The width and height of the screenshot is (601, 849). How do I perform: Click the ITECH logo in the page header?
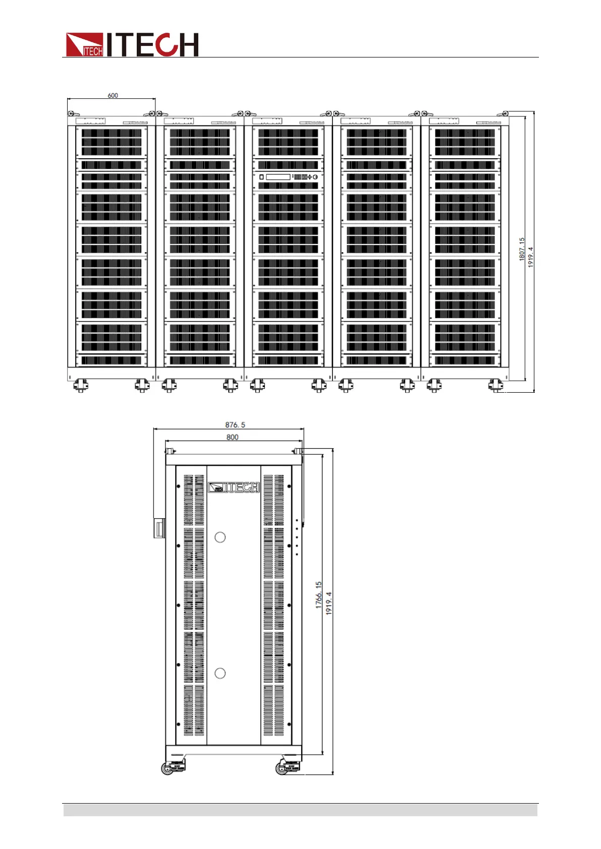pyautogui.click(x=132, y=45)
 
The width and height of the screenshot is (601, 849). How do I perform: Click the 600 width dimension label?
pyautogui.click(x=113, y=95)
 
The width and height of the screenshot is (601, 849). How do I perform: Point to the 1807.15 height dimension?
pyautogui.click(x=522, y=249)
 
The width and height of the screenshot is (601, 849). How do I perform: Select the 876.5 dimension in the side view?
pyautogui.click(x=235, y=425)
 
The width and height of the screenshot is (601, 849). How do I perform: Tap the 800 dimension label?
pyautogui.click(x=232, y=437)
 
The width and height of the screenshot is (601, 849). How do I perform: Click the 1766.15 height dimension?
pyautogui.click(x=318, y=595)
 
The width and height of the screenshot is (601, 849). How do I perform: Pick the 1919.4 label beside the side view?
pyautogui.click(x=329, y=603)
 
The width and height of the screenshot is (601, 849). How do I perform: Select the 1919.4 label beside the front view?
pyautogui.click(x=530, y=257)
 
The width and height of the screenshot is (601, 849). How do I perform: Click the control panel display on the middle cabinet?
pyautogui.click(x=278, y=177)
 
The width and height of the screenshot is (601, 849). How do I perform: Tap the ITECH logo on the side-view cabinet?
pyautogui.click(x=234, y=488)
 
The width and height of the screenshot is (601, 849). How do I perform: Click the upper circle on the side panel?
pyautogui.click(x=220, y=537)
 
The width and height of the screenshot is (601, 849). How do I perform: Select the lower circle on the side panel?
pyautogui.click(x=220, y=673)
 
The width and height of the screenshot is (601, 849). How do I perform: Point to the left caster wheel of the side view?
pyautogui.click(x=168, y=769)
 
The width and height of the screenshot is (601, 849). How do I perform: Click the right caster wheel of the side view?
pyautogui.click(x=282, y=769)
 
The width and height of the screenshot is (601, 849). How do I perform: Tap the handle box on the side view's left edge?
pyautogui.click(x=159, y=528)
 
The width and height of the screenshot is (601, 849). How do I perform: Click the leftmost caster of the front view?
pyautogui.click(x=80, y=386)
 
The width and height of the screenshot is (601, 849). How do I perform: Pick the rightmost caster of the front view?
pyautogui.click(x=496, y=386)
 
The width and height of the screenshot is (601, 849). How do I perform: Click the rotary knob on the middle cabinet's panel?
pyautogui.click(x=315, y=177)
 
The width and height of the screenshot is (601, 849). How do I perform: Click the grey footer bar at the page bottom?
pyautogui.click(x=300, y=810)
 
